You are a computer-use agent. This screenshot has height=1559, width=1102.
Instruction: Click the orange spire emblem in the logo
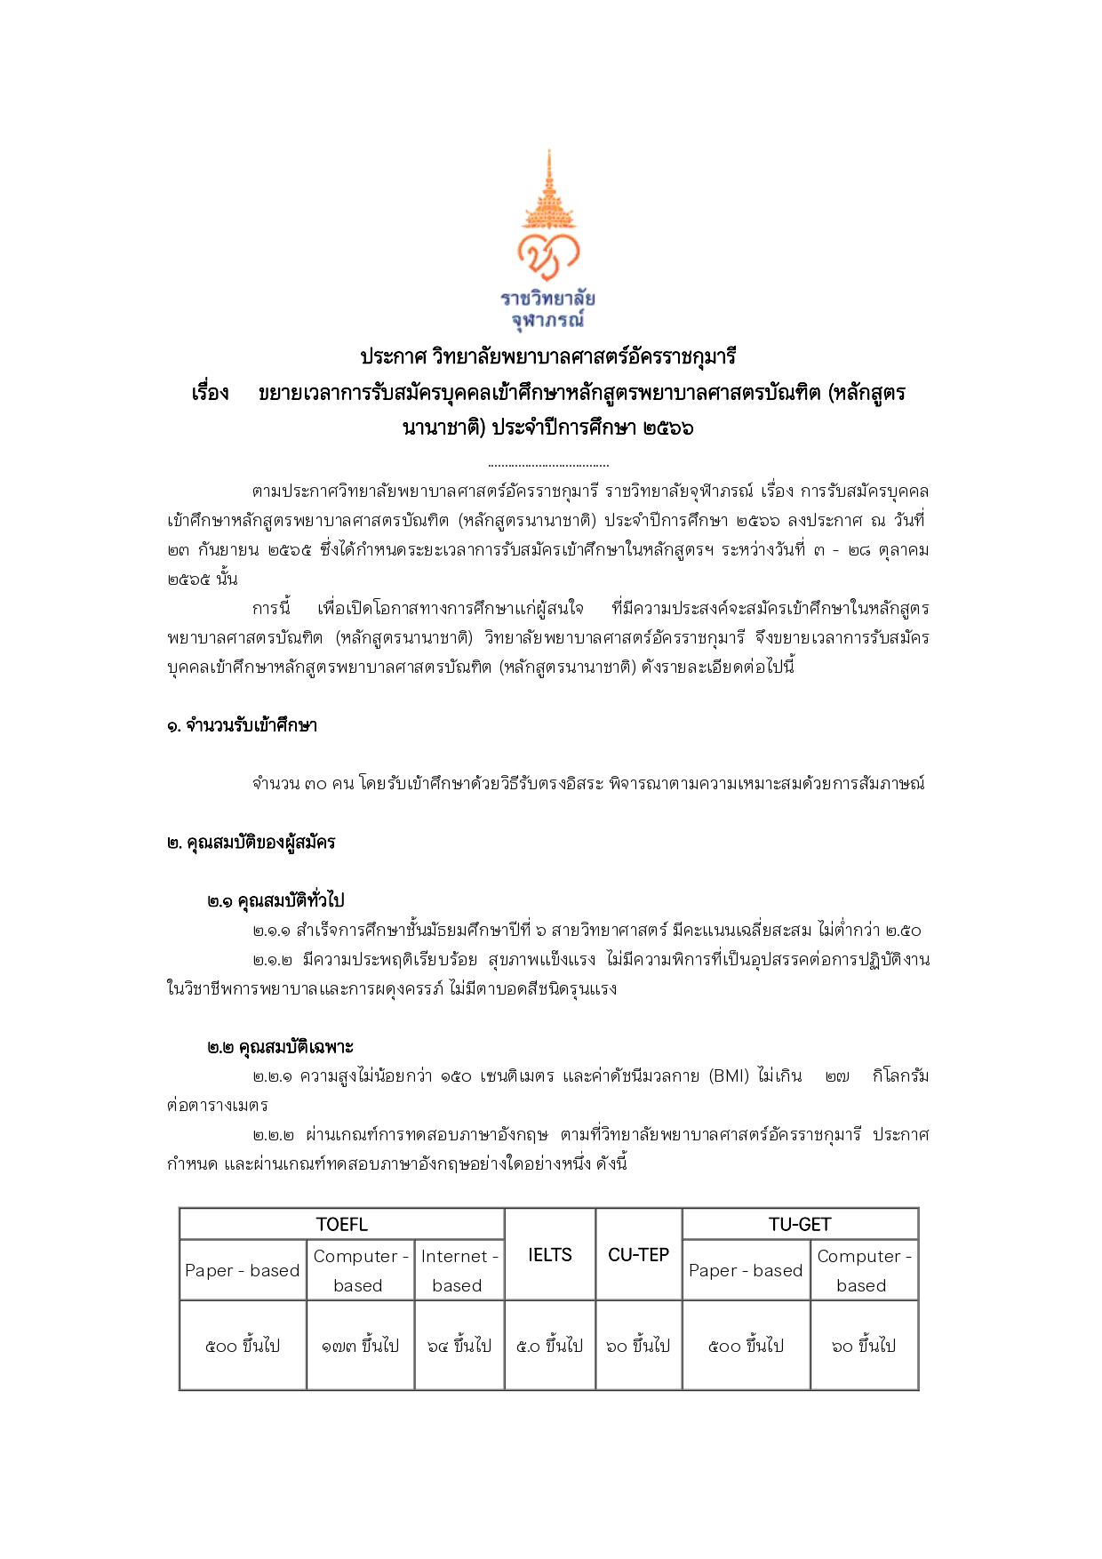[x=548, y=191]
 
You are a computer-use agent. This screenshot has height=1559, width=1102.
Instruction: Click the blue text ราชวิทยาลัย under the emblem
[x=547, y=298]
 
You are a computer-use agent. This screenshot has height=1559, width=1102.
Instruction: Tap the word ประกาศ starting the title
[x=392, y=357]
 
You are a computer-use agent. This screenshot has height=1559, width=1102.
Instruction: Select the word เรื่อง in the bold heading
[x=211, y=393]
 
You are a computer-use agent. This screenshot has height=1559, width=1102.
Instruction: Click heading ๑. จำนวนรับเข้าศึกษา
[x=242, y=726]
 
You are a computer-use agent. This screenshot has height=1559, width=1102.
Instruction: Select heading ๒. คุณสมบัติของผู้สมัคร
[x=251, y=843]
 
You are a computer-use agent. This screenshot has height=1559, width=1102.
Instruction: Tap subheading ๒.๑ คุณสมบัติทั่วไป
[x=275, y=901]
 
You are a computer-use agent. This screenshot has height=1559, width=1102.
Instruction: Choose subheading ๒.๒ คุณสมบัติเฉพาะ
[x=281, y=1048]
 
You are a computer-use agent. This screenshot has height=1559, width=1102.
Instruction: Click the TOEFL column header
[x=341, y=1225]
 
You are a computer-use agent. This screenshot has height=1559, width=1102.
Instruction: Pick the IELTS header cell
[x=549, y=1254]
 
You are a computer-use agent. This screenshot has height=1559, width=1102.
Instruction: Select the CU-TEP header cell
[x=638, y=1254]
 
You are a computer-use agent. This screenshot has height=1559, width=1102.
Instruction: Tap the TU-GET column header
[x=799, y=1225]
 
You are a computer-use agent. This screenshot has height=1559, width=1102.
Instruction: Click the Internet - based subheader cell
[x=459, y=1270]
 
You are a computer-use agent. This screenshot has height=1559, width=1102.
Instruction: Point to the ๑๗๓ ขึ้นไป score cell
[x=360, y=1346]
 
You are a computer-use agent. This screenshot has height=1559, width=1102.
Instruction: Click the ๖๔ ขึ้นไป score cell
[x=459, y=1346]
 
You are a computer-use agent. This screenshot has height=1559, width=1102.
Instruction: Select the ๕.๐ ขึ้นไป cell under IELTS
[x=549, y=1346]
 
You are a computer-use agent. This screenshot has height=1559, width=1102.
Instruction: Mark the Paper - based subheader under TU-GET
[x=746, y=1270]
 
